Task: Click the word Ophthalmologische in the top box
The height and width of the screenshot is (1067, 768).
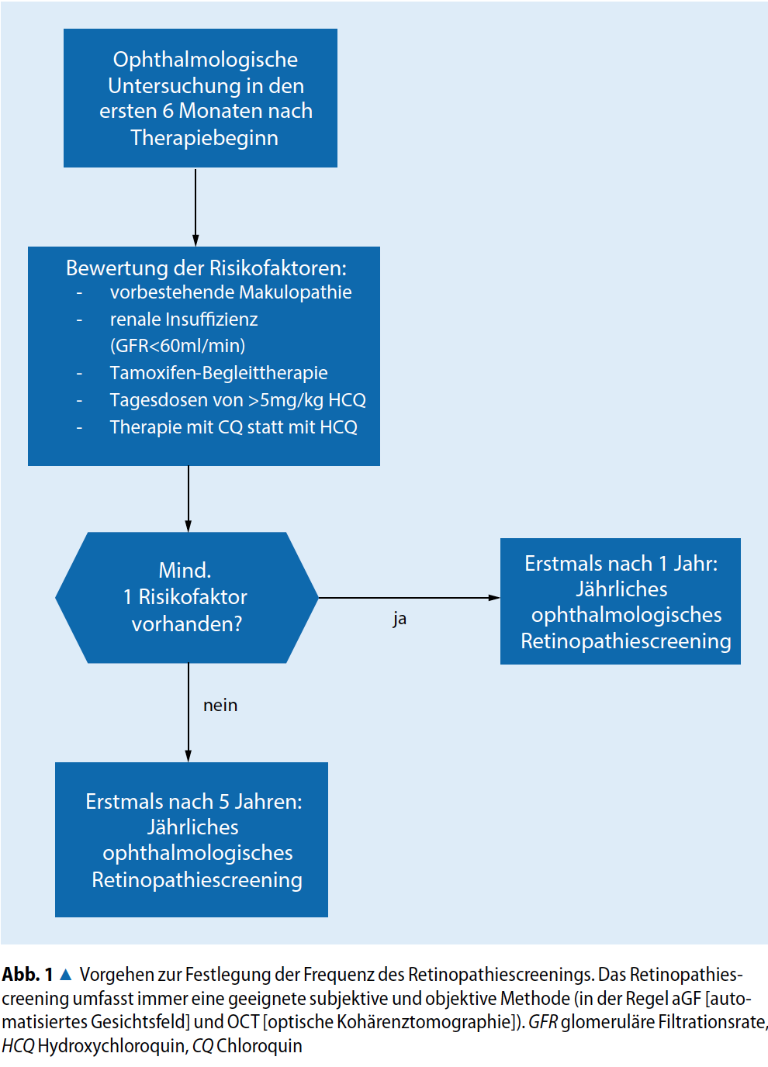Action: coord(206,60)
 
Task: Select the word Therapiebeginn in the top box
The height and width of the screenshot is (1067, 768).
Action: coord(204,138)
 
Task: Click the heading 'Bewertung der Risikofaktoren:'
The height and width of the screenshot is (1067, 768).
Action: coord(206,268)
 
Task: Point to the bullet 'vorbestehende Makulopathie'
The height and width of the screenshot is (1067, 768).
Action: coord(230,292)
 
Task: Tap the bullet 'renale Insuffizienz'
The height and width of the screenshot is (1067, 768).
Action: coord(184,319)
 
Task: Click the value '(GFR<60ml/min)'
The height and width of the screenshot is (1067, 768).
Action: coord(178,346)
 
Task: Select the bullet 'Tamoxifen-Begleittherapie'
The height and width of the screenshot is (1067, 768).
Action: coord(219,373)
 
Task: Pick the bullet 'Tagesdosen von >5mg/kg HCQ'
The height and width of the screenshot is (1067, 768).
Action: coord(237,400)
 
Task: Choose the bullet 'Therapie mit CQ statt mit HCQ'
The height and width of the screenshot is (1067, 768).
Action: coord(234,427)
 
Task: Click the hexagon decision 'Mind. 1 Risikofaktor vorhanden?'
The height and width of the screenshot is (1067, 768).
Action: coord(186,597)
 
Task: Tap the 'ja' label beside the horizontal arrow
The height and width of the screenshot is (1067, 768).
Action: coord(400,619)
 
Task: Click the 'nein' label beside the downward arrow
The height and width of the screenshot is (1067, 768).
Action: coord(220,706)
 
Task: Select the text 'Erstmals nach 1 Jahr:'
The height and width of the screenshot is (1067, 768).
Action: coord(621,564)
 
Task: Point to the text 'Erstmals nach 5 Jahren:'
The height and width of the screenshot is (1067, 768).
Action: coord(194,802)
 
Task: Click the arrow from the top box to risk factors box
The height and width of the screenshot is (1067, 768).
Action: coord(195,206)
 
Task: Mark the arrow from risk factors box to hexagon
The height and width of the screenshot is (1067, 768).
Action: coord(189,498)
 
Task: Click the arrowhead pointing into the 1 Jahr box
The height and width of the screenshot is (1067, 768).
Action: coord(494,598)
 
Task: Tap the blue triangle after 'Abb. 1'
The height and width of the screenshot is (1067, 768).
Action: coord(66,975)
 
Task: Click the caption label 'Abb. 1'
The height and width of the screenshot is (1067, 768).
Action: coord(27,975)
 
